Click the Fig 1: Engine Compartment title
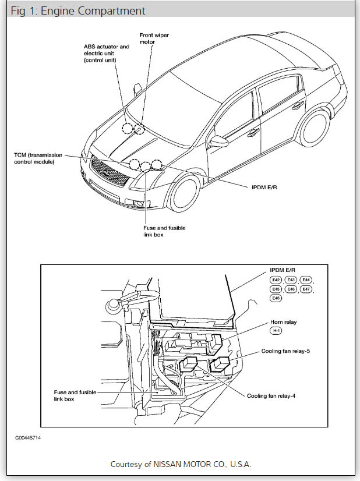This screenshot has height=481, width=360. pos(78,11)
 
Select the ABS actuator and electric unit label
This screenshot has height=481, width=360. pos(106,52)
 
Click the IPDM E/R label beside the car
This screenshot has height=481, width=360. pos(257,186)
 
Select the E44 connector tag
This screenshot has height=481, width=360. pos(306,280)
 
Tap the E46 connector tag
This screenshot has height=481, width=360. pos(291,289)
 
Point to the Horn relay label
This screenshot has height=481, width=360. pos(285,322)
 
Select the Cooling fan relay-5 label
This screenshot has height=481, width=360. pos(289,352)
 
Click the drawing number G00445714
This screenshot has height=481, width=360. pos(29,437)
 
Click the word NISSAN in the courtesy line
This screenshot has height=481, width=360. pos(170,464)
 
